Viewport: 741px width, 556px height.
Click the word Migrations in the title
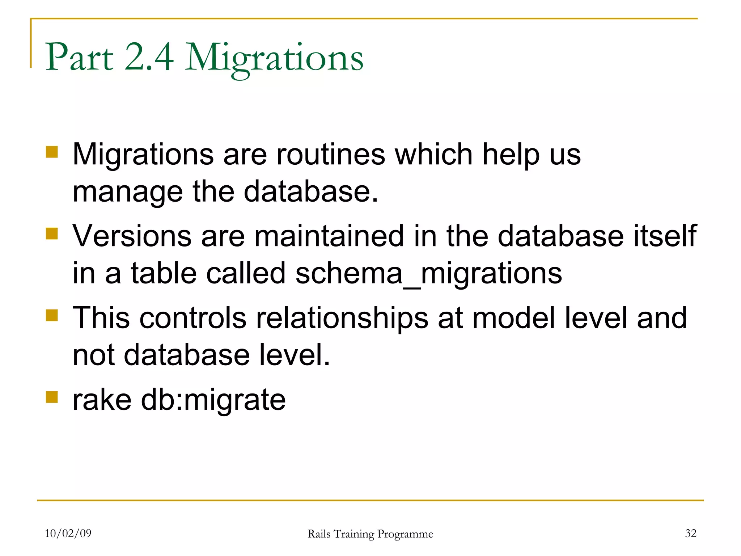(x=274, y=58)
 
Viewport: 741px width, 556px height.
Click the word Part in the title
(x=80, y=58)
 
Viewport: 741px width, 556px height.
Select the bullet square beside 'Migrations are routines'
(x=52, y=152)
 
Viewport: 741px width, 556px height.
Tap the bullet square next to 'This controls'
(x=52, y=315)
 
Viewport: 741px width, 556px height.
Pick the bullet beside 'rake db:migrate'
(x=52, y=397)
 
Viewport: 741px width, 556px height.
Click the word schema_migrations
(x=428, y=273)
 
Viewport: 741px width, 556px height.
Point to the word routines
(x=331, y=155)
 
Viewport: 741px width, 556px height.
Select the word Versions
(x=132, y=236)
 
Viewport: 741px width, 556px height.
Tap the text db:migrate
(x=213, y=400)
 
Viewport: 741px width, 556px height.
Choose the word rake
(x=102, y=400)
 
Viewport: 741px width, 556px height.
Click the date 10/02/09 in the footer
(x=68, y=533)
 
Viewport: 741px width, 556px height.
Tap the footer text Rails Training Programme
(x=370, y=534)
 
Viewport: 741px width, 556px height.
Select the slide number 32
(x=690, y=533)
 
